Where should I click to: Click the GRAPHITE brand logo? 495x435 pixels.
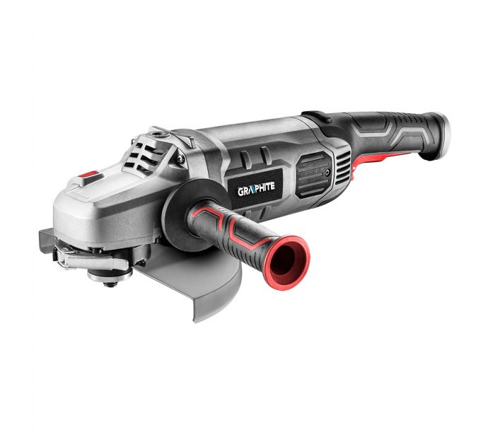pyautogui.click(x=256, y=189)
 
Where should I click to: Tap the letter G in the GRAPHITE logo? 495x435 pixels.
pyautogui.click(x=240, y=192)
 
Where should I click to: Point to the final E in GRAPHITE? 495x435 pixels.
pyautogui.click(x=272, y=186)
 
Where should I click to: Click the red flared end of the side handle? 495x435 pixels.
pyautogui.click(x=287, y=262)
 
